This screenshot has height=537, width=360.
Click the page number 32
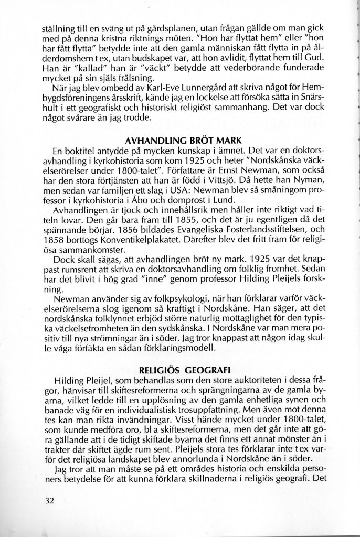[x=50, y=500]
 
